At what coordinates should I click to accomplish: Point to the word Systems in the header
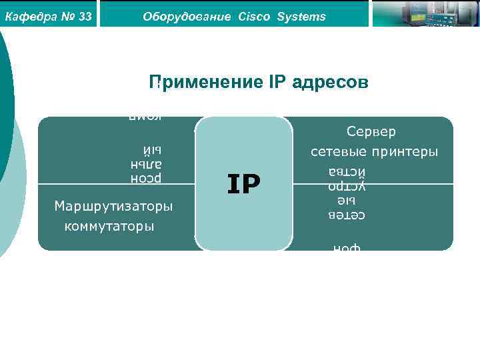pyautogui.click(x=302, y=17)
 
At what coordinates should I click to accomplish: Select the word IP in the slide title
pyautogui.click(x=277, y=83)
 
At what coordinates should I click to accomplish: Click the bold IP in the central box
pyautogui.click(x=243, y=184)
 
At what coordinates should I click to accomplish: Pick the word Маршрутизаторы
pyautogui.click(x=113, y=206)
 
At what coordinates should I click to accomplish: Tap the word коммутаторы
pyautogui.click(x=109, y=227)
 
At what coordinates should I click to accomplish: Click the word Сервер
pyautogui.click(x=371, y=132)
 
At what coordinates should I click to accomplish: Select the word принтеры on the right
pyautogui.click(x=406, y=152)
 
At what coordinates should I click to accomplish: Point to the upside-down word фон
pyautogui.click(x=347, y=248)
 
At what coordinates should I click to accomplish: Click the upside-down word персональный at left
pyautogui.click(x=147, y=163)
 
